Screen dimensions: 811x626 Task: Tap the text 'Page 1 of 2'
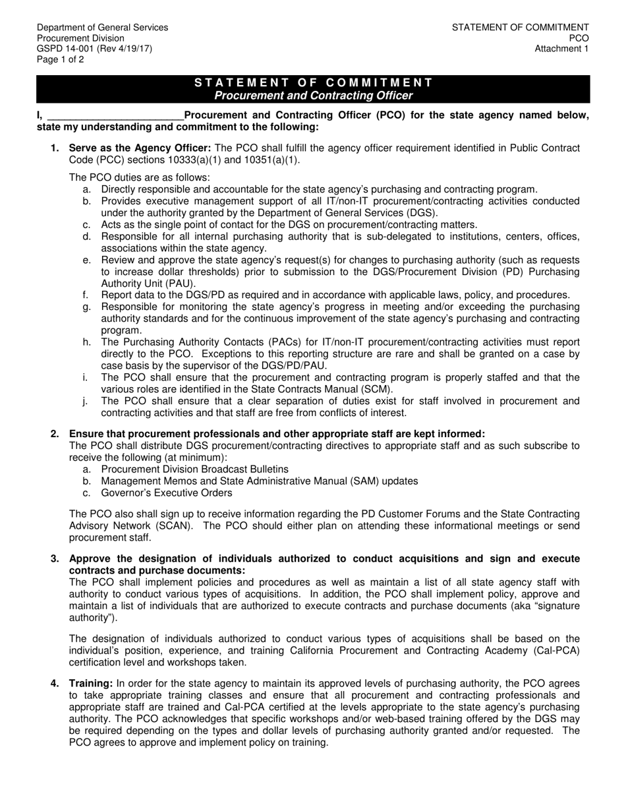click(x=61, y=59)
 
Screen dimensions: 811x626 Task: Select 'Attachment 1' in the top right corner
click(x=561, y=49)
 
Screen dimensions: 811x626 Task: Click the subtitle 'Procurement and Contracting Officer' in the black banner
click(x=314, y=96)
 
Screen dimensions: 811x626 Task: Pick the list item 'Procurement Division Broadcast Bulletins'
click(x=194, y=469)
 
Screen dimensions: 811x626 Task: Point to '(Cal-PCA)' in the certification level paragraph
click(x=557, y=650)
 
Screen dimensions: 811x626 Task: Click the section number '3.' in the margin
click(x=55, y=558)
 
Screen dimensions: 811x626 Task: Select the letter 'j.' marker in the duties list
click(x=86, y=401)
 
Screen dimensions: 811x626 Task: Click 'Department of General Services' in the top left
click(x=102, y=28)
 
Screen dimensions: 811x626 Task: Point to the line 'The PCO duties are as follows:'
click(x=139, y=177)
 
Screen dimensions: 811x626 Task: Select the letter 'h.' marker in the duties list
click(x=86, y=342)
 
